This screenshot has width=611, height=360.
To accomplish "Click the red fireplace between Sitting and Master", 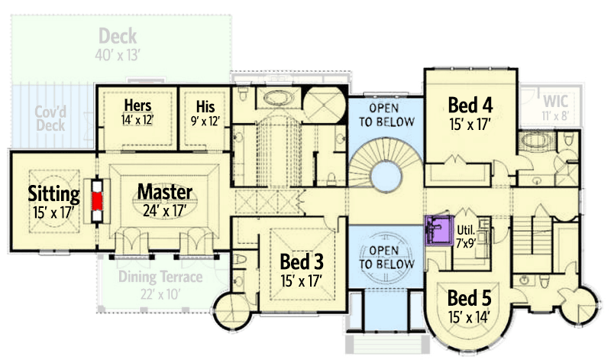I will point(96,200).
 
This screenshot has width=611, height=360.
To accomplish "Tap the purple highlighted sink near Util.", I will point(436,228).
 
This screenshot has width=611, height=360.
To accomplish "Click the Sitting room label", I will point(54,191).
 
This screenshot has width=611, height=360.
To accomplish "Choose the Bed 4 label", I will point(469,104).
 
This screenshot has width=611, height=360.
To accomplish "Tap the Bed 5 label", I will point(469,297).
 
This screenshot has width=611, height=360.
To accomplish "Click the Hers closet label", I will point(137,105).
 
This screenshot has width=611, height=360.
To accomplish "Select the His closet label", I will point(204,105).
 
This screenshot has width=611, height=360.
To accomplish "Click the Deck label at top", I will point(118,36).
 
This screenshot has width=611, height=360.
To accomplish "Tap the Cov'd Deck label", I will point(50,118).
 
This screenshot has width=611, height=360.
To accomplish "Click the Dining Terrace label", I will point(160,277).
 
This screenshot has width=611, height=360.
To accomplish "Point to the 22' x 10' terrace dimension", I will point(160,294).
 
